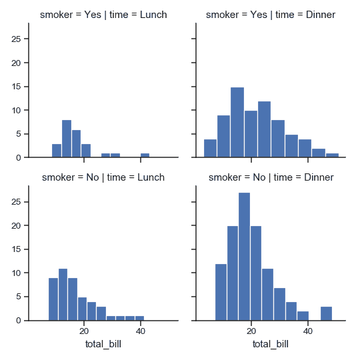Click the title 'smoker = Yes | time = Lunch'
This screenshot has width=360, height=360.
pyautogui.click(x=103, y=15)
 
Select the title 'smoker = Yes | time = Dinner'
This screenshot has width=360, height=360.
pyautogui.click(x=269, y=15)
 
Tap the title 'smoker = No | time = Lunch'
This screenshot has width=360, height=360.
pyautogui.click(x=103, y=177)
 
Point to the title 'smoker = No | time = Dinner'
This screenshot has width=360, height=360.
pyautogui.click(x=269, y=177)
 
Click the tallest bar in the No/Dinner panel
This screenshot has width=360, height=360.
pyautogui.click(x=244, y=257)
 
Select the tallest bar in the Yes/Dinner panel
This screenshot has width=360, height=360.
pyautogui.click(x=237, y=123)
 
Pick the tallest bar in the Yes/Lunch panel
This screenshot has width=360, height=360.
pyautogui.click(x=67, y=139)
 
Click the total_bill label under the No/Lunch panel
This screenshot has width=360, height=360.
pyautogui.click(x=103, y=344)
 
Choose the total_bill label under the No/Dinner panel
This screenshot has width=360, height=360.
pyautogui.click(x=269, y=344)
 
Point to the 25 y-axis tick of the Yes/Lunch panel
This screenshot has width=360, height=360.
pyautogui.click(x=19, y=39)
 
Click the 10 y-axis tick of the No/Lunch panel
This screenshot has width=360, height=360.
pyautogui.click(x=19, y=273)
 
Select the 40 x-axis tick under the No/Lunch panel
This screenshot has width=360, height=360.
pyautogui.click(x=141, y=331)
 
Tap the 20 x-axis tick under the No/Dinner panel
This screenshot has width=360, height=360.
pyautogui.click(x=251, y=331)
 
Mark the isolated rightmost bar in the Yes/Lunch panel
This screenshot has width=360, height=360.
pyautogui.click(x=145, y=155)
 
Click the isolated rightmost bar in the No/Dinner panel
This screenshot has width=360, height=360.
pyautogui.click(x=326, y=313)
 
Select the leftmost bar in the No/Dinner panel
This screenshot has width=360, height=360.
pyautogui.click(x=221, y=292)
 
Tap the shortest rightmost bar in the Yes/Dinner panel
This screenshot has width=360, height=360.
pyautogui.click(x=333, y=155)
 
